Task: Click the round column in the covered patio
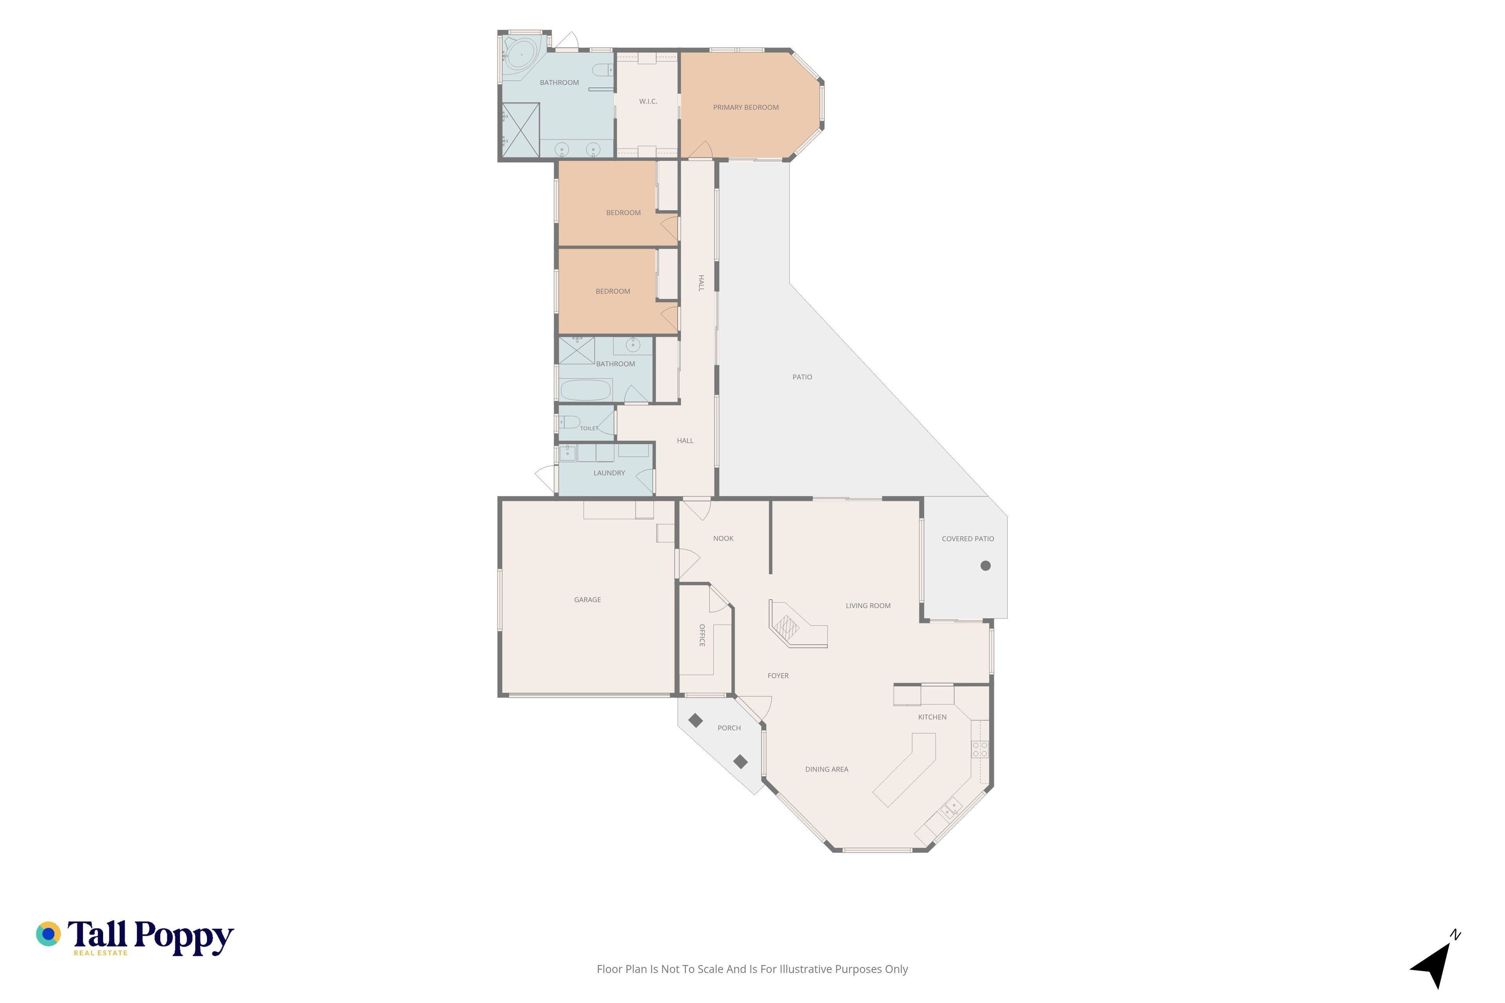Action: click(x=985, y=565)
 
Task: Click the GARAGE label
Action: click(x=587, y=600)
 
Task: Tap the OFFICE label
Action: click(x=702, y=635)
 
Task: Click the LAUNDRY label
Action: click(x=609, y=473)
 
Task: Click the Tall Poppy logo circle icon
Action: click(x=48, y=934)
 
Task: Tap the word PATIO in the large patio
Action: click(x=802, y=377)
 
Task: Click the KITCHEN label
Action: click(x=932, y=717)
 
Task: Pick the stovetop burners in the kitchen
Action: click(x=980, y=749)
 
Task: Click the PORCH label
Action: click(x=729, y=728)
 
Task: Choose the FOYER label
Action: click(x=778, y=675)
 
